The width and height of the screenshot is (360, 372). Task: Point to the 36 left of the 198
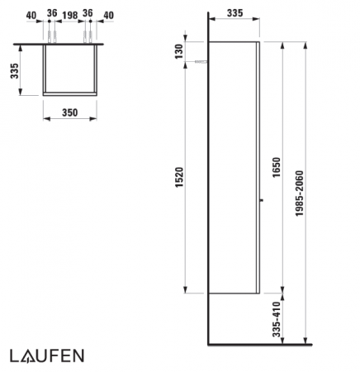[x=50, y=13]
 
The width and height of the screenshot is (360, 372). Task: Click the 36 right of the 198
[x=88, y=13]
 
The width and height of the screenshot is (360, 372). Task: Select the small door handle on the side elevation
[x=262, y=198]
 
